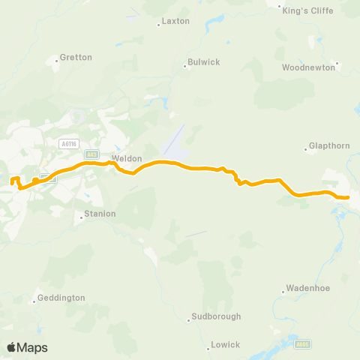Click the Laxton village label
coord(176,22)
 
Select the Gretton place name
coord(76,57)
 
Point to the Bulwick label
coord(204,62)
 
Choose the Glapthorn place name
coord(330,146)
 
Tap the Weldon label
coord(121,159)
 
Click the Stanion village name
coord(100,214)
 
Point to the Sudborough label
coord(217,316)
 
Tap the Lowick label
coord(226,345)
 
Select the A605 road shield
coord(304,343)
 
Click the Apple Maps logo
coord(27,347)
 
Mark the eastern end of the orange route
coord(348,197)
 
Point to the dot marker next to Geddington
coord(34,302)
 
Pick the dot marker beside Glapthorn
coord(306,150)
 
